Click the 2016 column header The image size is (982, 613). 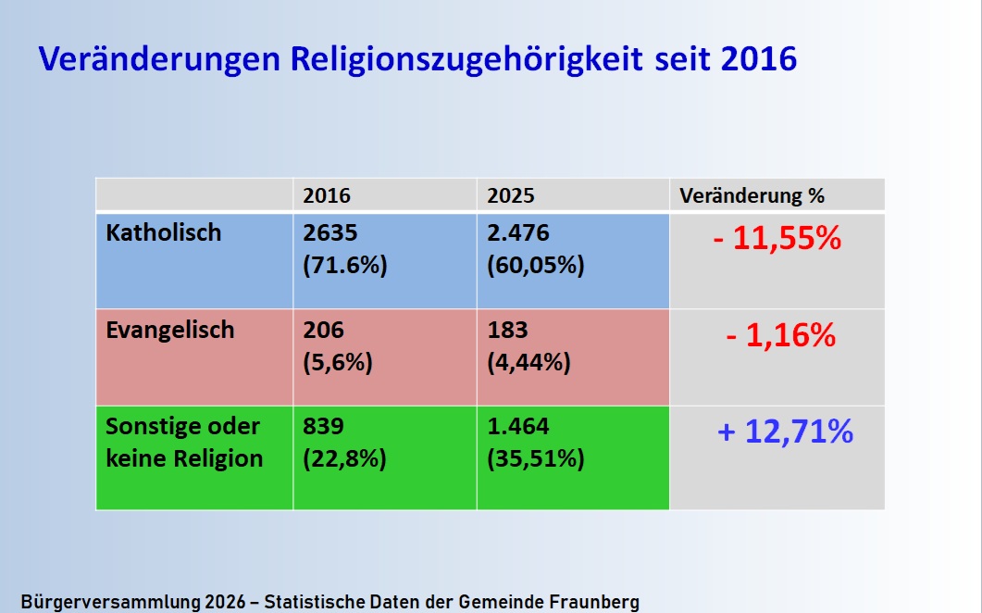(327, 196)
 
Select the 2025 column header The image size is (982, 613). (511, 196)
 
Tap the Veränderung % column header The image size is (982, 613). (752, 196)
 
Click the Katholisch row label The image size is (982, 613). (164, 232)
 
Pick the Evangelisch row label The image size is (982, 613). (170, 331)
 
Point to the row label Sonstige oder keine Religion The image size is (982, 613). (183, 443)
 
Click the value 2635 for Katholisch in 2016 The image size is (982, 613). (330, 232)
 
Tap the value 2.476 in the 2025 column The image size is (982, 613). (518, 232)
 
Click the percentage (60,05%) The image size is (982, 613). (536, 265)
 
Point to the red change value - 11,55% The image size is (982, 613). (777, 240)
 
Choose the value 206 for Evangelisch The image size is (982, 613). (323, 331)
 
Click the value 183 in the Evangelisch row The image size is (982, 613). (507, 331)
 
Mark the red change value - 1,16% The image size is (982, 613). (780, 335)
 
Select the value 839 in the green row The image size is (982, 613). (324, 427)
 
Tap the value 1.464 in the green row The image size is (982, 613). (518, 427)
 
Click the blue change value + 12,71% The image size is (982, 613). (785, 432)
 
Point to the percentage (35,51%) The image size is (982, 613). (536, 459)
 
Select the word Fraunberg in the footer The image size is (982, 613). (593, 602)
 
